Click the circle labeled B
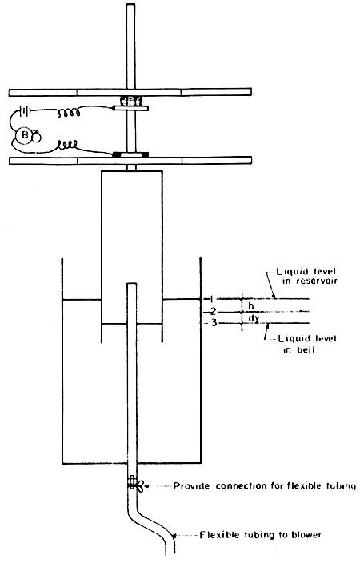point(26,136)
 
